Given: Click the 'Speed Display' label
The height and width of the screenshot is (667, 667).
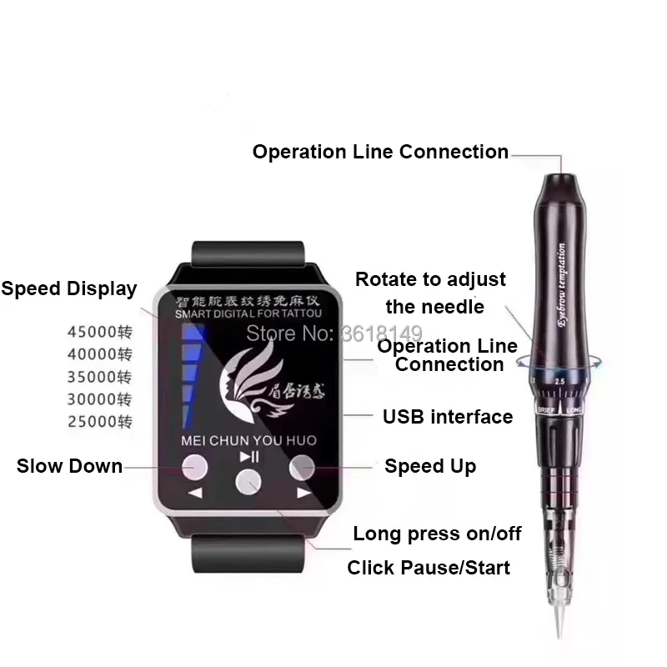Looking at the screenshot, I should pyautogui.click(x=68, y=289).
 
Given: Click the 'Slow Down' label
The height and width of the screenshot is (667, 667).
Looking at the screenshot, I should pyautogui.click(x=69, y=466).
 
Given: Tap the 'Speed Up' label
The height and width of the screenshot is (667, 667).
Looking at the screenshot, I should pyautogui.click(x=430, y=466).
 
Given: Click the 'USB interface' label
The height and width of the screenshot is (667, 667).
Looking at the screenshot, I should pyautogui.click(x=448, y=416).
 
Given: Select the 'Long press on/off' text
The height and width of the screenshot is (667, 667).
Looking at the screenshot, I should pyautogui.click(x=437, y=534).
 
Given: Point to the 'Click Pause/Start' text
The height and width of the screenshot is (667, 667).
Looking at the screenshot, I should pyautogui.click(x=429, y=568).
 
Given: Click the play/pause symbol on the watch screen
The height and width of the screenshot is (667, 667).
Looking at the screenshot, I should pyautogui.click(x=249, y=456).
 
